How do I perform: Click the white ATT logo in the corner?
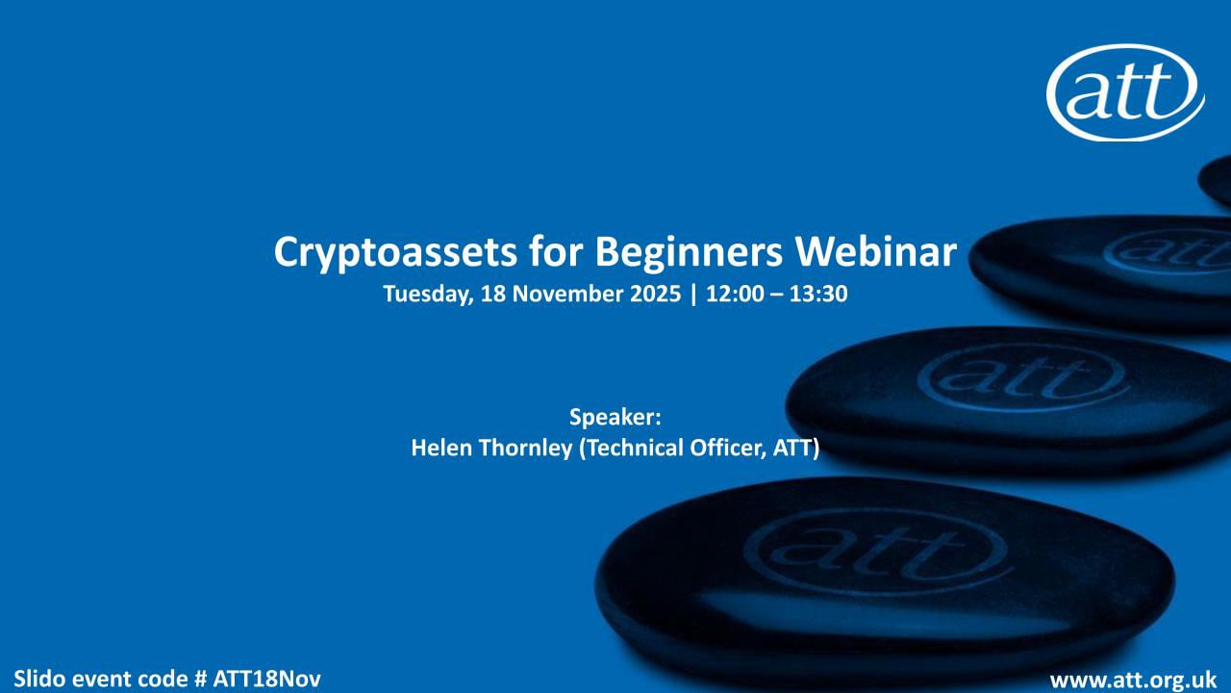[x=1125, y=92]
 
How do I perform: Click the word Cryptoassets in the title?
[x=395, y=253]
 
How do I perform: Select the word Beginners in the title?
[x=689, y=253]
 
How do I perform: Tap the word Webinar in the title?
[x=876, y=252]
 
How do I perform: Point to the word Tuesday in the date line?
[x=428, y=295]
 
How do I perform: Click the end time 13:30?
[x=818, y=294]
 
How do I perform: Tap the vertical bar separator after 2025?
[x=693, y=295]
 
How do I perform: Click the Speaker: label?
[x=615, y=418]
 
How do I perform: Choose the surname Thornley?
[x=526, y=449]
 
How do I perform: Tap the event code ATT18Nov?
[x=266, y=679]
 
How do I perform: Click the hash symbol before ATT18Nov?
[x=201, y=679]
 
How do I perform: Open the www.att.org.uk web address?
[x=1133, y=680]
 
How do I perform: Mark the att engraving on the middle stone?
[x=1021, y=377]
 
